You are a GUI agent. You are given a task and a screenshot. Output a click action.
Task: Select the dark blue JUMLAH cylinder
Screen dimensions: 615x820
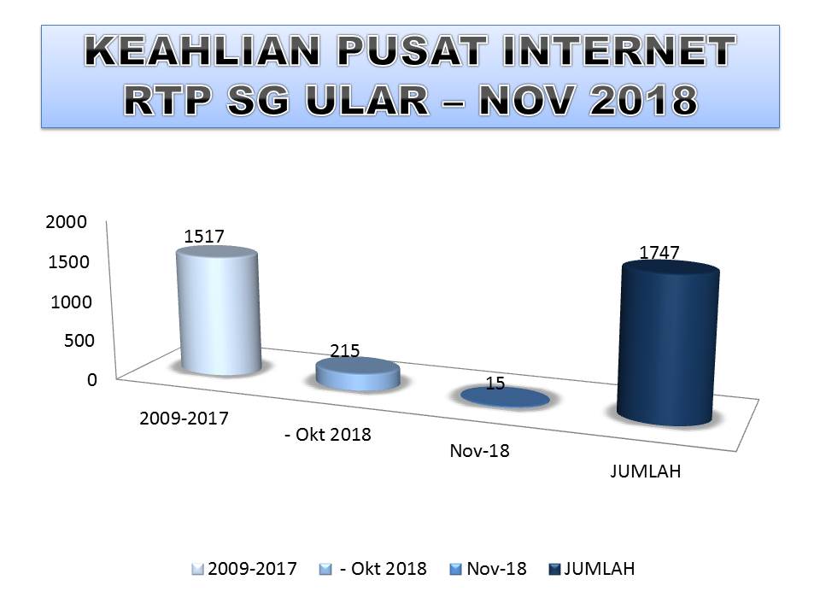[668, 346]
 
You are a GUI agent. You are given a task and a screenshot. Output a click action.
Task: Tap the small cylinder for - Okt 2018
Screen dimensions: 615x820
[358, 375]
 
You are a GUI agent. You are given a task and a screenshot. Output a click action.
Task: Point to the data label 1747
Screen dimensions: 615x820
[659, 252]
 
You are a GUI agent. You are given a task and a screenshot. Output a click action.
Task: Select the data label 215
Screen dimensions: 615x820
[345, 350]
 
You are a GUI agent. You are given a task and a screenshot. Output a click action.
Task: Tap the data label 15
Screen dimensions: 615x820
[495, 384]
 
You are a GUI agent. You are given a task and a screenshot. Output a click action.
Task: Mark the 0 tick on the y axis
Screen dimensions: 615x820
[91, 380]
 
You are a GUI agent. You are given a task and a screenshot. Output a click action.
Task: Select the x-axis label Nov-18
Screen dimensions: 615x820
[479, 451]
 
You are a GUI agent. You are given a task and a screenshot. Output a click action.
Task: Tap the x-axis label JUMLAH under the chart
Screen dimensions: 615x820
[646, 472]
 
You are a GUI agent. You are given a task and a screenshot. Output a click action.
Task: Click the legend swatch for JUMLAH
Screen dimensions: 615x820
[554, 570]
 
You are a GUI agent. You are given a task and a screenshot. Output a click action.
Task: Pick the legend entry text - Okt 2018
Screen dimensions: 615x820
[383, 569]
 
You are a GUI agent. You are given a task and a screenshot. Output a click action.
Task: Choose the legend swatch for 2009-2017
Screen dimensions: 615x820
[198, 570]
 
